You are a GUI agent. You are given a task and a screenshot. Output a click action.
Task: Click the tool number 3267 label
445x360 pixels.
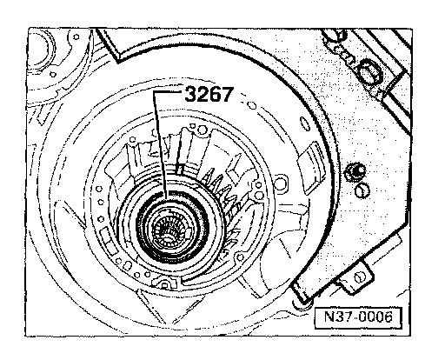(209, 94)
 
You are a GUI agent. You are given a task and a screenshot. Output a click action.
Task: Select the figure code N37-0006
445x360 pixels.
(358, 317)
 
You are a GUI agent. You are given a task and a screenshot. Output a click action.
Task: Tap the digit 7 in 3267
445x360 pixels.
(227, 94)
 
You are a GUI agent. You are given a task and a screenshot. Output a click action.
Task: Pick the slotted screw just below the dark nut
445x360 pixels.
(362, 190)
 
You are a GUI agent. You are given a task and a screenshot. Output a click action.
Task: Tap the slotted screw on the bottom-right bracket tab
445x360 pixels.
(359, 277)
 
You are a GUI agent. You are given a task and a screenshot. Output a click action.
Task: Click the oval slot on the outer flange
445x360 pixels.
(303, 123)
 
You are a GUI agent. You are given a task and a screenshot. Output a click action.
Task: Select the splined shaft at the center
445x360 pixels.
(168, 229)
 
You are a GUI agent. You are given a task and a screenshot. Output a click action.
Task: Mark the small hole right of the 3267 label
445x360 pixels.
(252, 105)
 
